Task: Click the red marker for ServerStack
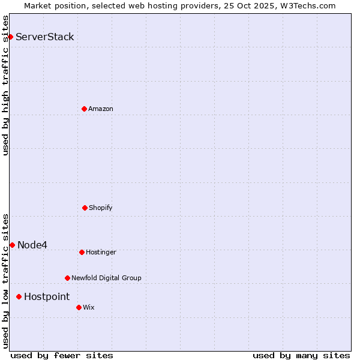tap(10, 37)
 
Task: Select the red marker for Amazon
tap(84, 109)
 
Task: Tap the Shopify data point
tap(85, 208)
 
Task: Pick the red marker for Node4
tap(12, 245)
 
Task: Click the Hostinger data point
tap(82, 252)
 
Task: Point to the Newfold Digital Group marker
tap(67, 278)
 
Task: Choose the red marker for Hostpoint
tap(19, 296)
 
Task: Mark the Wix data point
tap(79, 307)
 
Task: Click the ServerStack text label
tap(45, 37)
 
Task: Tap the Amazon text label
tap(101, 109)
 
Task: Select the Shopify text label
tap(101, 208)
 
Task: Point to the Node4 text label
tap(32, 245)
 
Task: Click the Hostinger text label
tap(101, 252)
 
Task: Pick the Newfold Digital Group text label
tap(106, 278)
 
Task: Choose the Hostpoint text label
tap(47, 297)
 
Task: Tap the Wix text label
tap(89, 307)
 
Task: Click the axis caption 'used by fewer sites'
tap(62, 355)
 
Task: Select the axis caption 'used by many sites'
tap(301, 355)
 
